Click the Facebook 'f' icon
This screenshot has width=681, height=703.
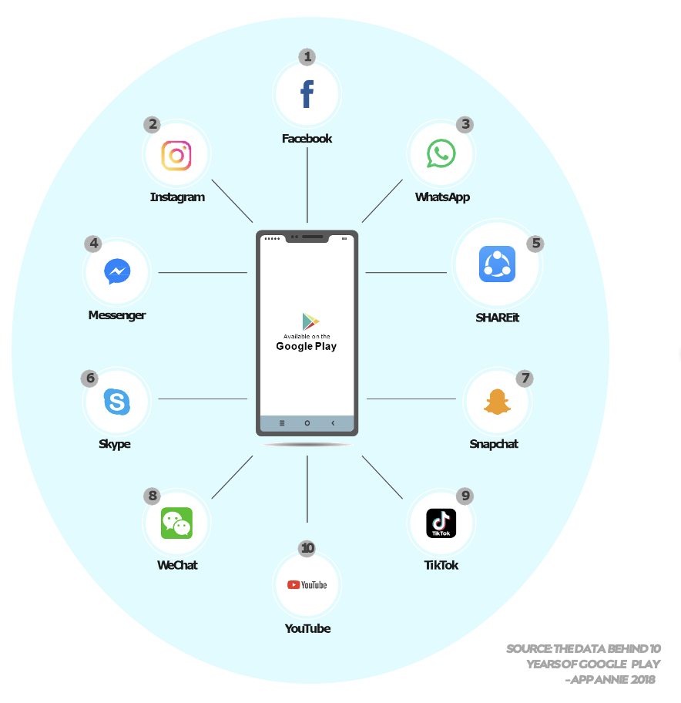[x=307, y=94]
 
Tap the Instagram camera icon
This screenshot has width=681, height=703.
[x=176, y=155]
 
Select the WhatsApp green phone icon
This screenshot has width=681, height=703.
[x=441, y=153]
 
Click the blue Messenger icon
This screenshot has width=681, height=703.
[x=117, y=271]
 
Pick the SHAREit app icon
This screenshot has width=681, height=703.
[x=497, y=264]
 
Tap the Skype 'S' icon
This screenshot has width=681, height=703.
[x=117, y=402]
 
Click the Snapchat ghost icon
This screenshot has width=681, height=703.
[x=498, y=402]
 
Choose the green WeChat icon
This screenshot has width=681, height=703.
[x=176, y=523]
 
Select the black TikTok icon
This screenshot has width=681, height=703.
[x=441, y=523]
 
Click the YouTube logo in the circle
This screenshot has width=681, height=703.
[x=307, y=585]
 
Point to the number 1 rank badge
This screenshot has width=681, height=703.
[x=307, y=56]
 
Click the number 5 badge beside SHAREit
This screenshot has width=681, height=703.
[x=535, y=244]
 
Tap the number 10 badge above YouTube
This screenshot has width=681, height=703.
[x=307, y=548]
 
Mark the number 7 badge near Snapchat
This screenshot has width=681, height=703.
[x=525, y=378]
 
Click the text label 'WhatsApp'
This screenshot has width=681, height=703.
[x=442, y=197]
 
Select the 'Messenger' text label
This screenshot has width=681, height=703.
[x=117, y=315]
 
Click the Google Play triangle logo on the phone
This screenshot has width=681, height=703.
[x=310, y=322]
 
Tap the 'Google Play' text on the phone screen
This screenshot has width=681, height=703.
[x=307, y=346]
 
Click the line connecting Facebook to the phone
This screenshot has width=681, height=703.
[x=307, y=185]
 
